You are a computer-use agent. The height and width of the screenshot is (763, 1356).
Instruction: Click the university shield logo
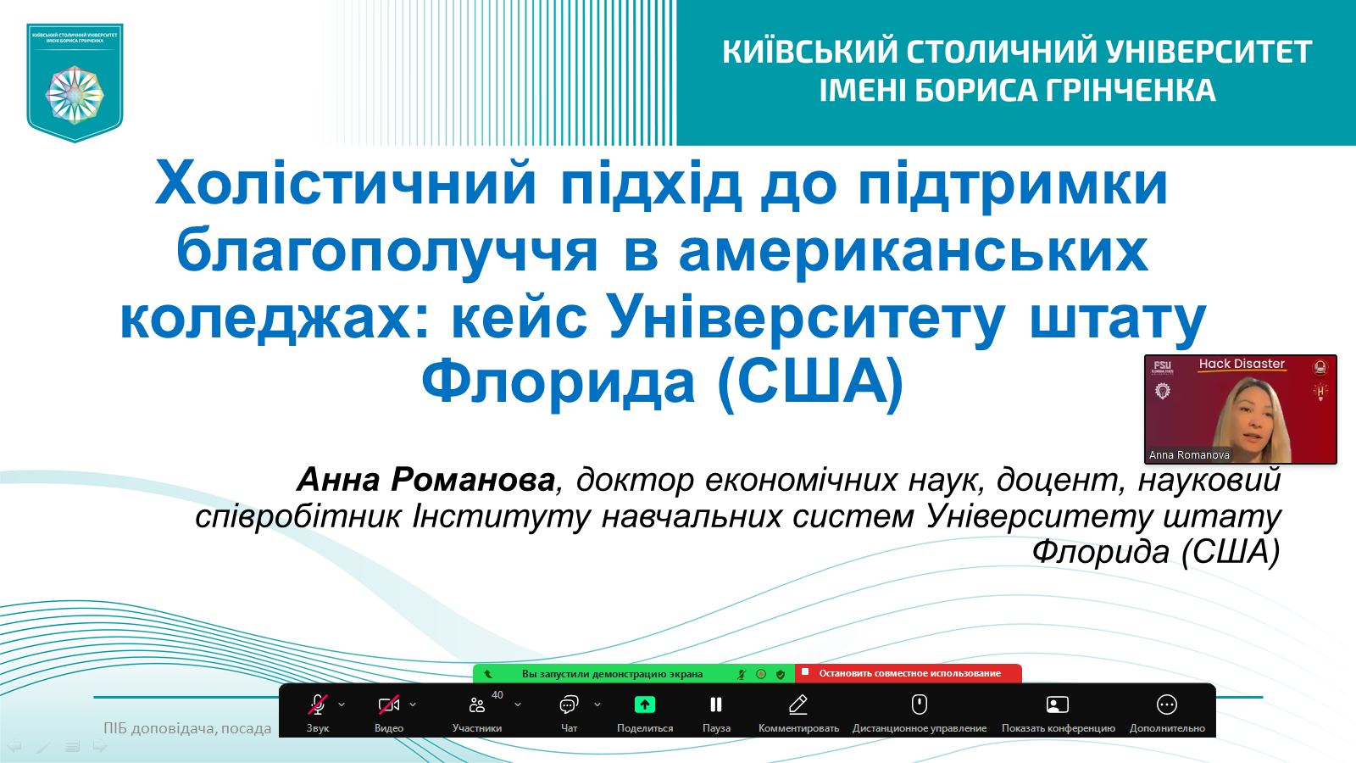(75, 83)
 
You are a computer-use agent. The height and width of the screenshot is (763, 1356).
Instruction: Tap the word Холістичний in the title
(347, 183)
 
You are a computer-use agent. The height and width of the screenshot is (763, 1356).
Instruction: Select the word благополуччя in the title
(386, 252)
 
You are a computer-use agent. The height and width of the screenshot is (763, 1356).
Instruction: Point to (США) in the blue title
(810, 382)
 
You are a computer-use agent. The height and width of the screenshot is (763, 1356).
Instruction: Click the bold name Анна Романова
(425, 480)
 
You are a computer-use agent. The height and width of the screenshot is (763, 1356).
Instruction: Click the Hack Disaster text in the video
(1242, 364)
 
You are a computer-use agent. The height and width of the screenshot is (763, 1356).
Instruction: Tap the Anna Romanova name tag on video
(1189, 454)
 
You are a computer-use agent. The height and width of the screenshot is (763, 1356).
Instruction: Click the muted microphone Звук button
(318, 711)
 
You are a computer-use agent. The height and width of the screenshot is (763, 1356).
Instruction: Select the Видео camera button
(389, 711)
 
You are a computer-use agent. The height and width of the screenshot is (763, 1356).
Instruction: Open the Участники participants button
(477, 711)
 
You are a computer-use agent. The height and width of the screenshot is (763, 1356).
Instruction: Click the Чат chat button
(569, 711)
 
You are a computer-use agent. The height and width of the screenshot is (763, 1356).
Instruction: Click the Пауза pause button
(716, 711)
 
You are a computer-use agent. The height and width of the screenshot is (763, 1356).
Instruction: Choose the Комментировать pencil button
(798, 711)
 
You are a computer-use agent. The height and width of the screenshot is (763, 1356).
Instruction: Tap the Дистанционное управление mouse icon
(920, 705)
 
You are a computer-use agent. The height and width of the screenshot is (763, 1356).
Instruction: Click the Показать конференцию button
(1059, 711)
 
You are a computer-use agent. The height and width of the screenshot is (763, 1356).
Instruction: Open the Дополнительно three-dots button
(1167, 711)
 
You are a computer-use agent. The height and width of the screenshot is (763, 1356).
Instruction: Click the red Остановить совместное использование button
(909, 673)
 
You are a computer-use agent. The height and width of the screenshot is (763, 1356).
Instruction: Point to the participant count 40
(497, 695)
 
